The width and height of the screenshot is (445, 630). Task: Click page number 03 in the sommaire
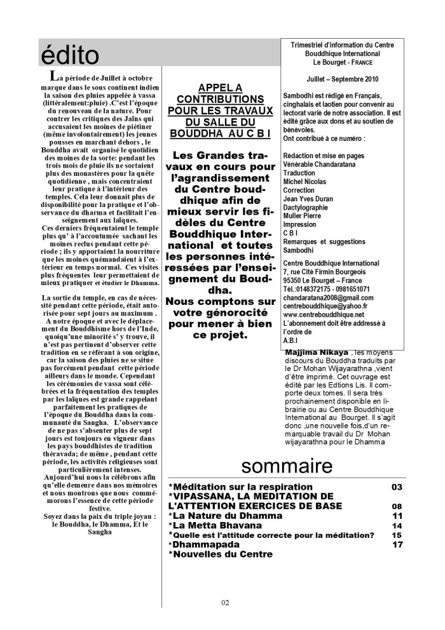397,487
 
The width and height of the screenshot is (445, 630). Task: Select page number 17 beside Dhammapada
397,544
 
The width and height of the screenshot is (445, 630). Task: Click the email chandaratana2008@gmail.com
327,297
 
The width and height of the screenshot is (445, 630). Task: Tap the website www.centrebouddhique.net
323,314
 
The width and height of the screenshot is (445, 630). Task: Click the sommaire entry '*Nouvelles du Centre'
220,554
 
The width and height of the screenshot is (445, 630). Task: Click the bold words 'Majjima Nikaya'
317,352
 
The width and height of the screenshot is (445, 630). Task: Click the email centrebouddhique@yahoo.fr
326,305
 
